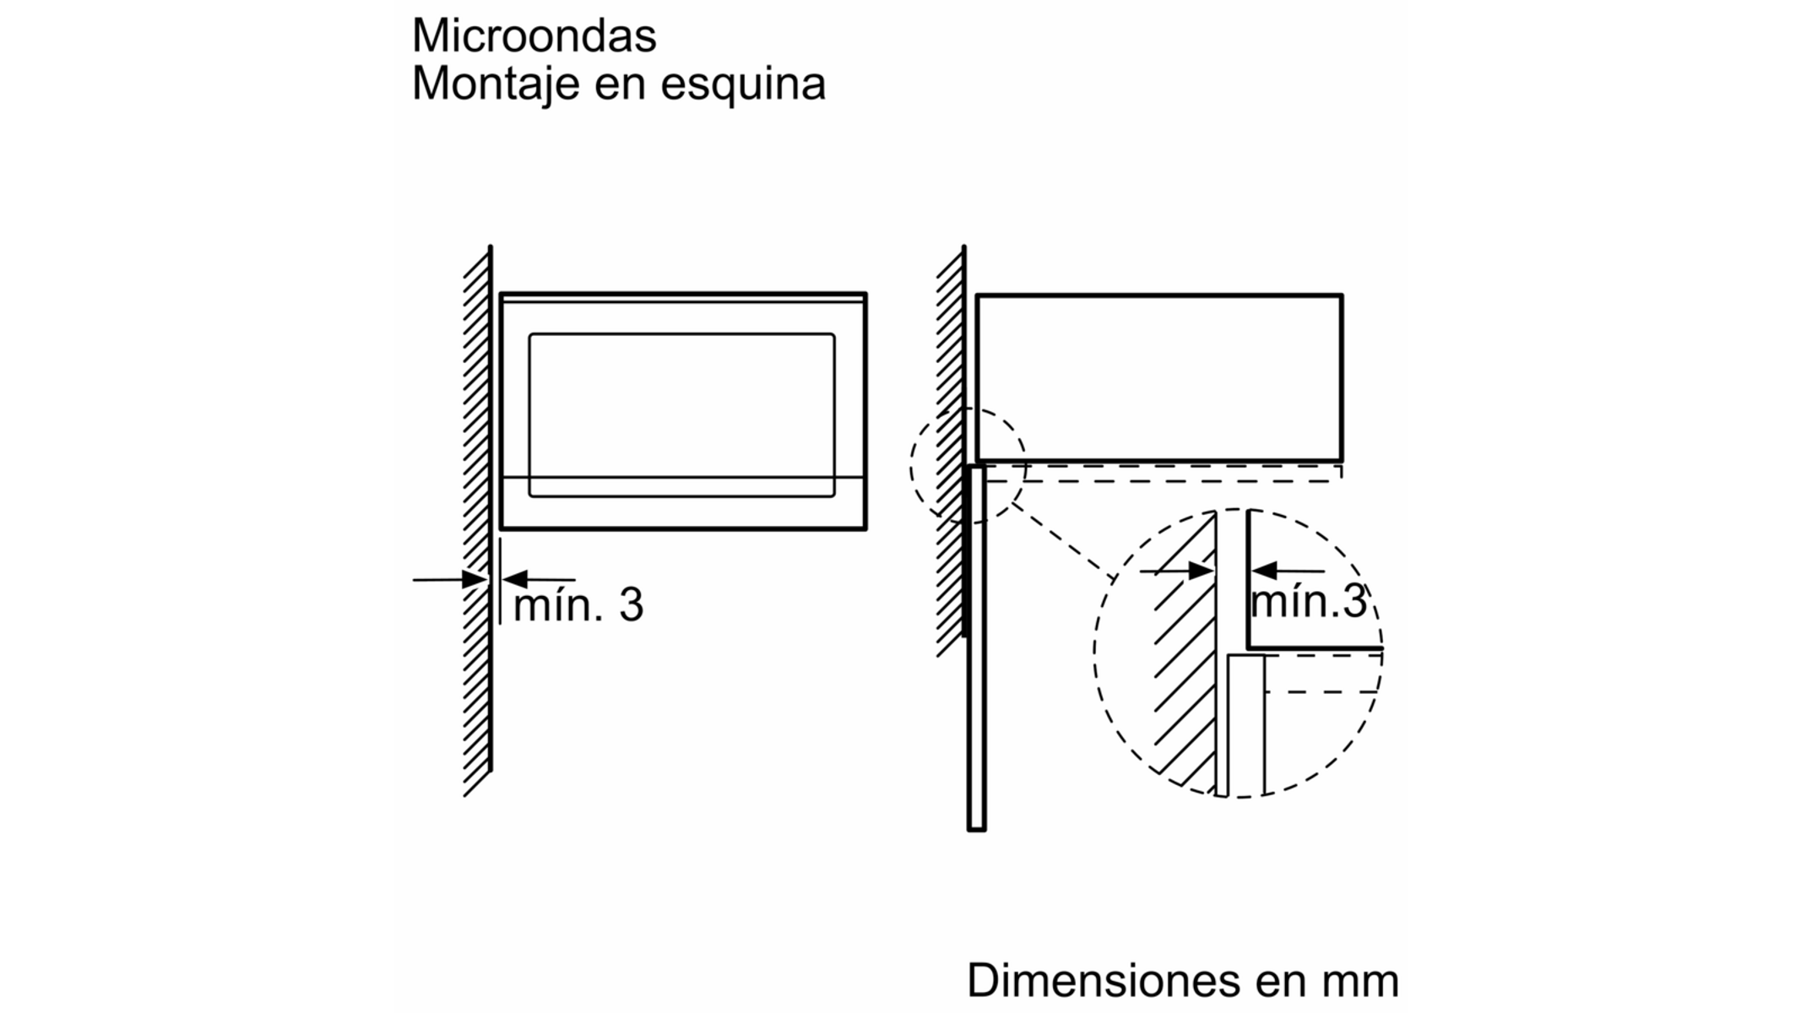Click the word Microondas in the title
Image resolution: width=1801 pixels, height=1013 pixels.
[534, 36]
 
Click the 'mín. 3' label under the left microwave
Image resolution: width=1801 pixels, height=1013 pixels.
[578, 605]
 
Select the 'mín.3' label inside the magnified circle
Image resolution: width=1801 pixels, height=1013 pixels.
[1308, 602]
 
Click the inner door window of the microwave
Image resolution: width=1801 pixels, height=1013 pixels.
[681, 414]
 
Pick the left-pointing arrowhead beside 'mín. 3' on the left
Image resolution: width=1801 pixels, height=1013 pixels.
[514, 580]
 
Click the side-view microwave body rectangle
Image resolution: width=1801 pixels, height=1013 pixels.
[1159, 377]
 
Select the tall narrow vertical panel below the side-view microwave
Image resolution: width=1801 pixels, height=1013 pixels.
[976, 650]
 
